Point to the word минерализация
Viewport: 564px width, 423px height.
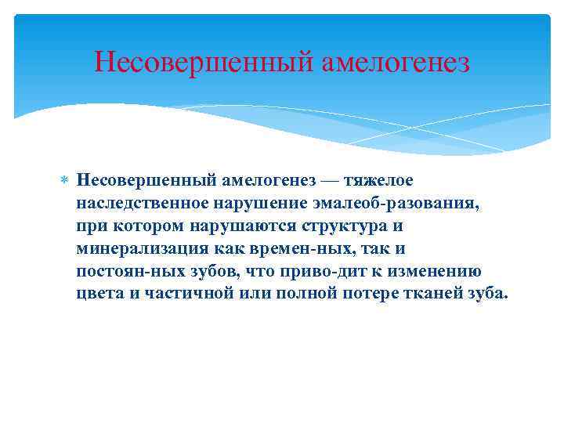tap(141, 249)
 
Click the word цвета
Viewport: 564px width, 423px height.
tap(97, 295)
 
